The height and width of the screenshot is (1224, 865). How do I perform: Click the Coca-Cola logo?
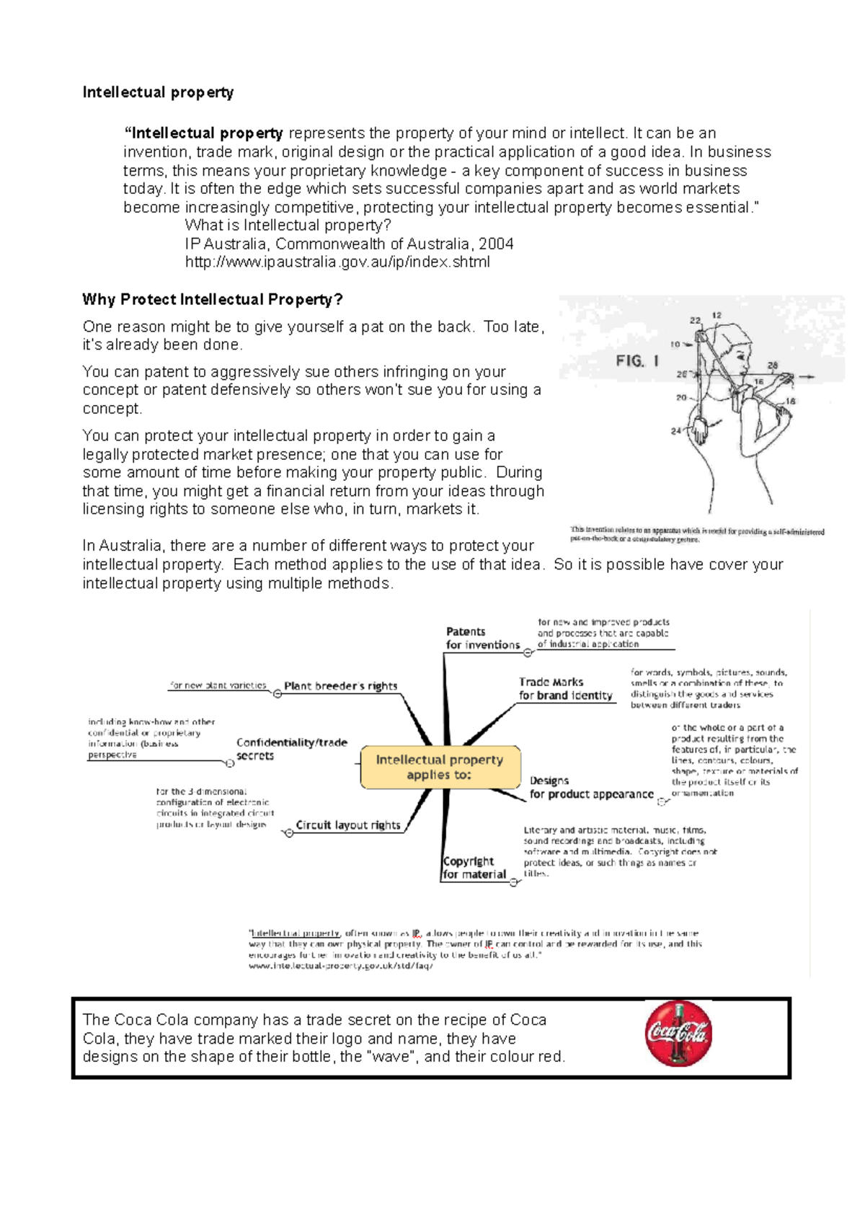(x=678, y=1034)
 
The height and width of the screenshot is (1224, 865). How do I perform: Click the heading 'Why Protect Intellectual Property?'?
(x=213, y=300)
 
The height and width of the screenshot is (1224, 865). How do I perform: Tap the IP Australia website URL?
(x=337, y=262)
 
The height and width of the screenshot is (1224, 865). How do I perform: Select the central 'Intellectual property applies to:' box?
(x=440, y=767)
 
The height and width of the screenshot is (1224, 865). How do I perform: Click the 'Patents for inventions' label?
(x=482, y=639)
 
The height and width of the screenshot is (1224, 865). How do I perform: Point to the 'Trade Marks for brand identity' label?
(x=565, y=689)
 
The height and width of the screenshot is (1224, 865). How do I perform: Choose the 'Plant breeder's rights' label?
(x=340, y=686)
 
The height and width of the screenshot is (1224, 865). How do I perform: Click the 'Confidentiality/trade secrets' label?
(x=291, y=749)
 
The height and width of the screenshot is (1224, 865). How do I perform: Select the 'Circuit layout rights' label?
(x=347, y=825)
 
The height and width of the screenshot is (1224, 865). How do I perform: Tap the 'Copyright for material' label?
(x=474, y=868)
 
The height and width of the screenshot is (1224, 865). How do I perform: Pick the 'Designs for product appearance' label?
(x=591, y=788)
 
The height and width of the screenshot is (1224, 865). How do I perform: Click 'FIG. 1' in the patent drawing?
(x=636, y=361)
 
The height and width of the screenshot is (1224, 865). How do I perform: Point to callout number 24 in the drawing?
(x=675, y=431)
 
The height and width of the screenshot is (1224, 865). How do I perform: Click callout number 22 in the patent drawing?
(x=695, y=320)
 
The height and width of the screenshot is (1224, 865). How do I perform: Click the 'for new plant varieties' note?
(x=218, y=686)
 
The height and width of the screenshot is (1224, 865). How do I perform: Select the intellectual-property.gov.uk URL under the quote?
(x=340, y=966)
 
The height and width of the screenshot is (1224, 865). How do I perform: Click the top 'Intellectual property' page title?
(x=158, y=92)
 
